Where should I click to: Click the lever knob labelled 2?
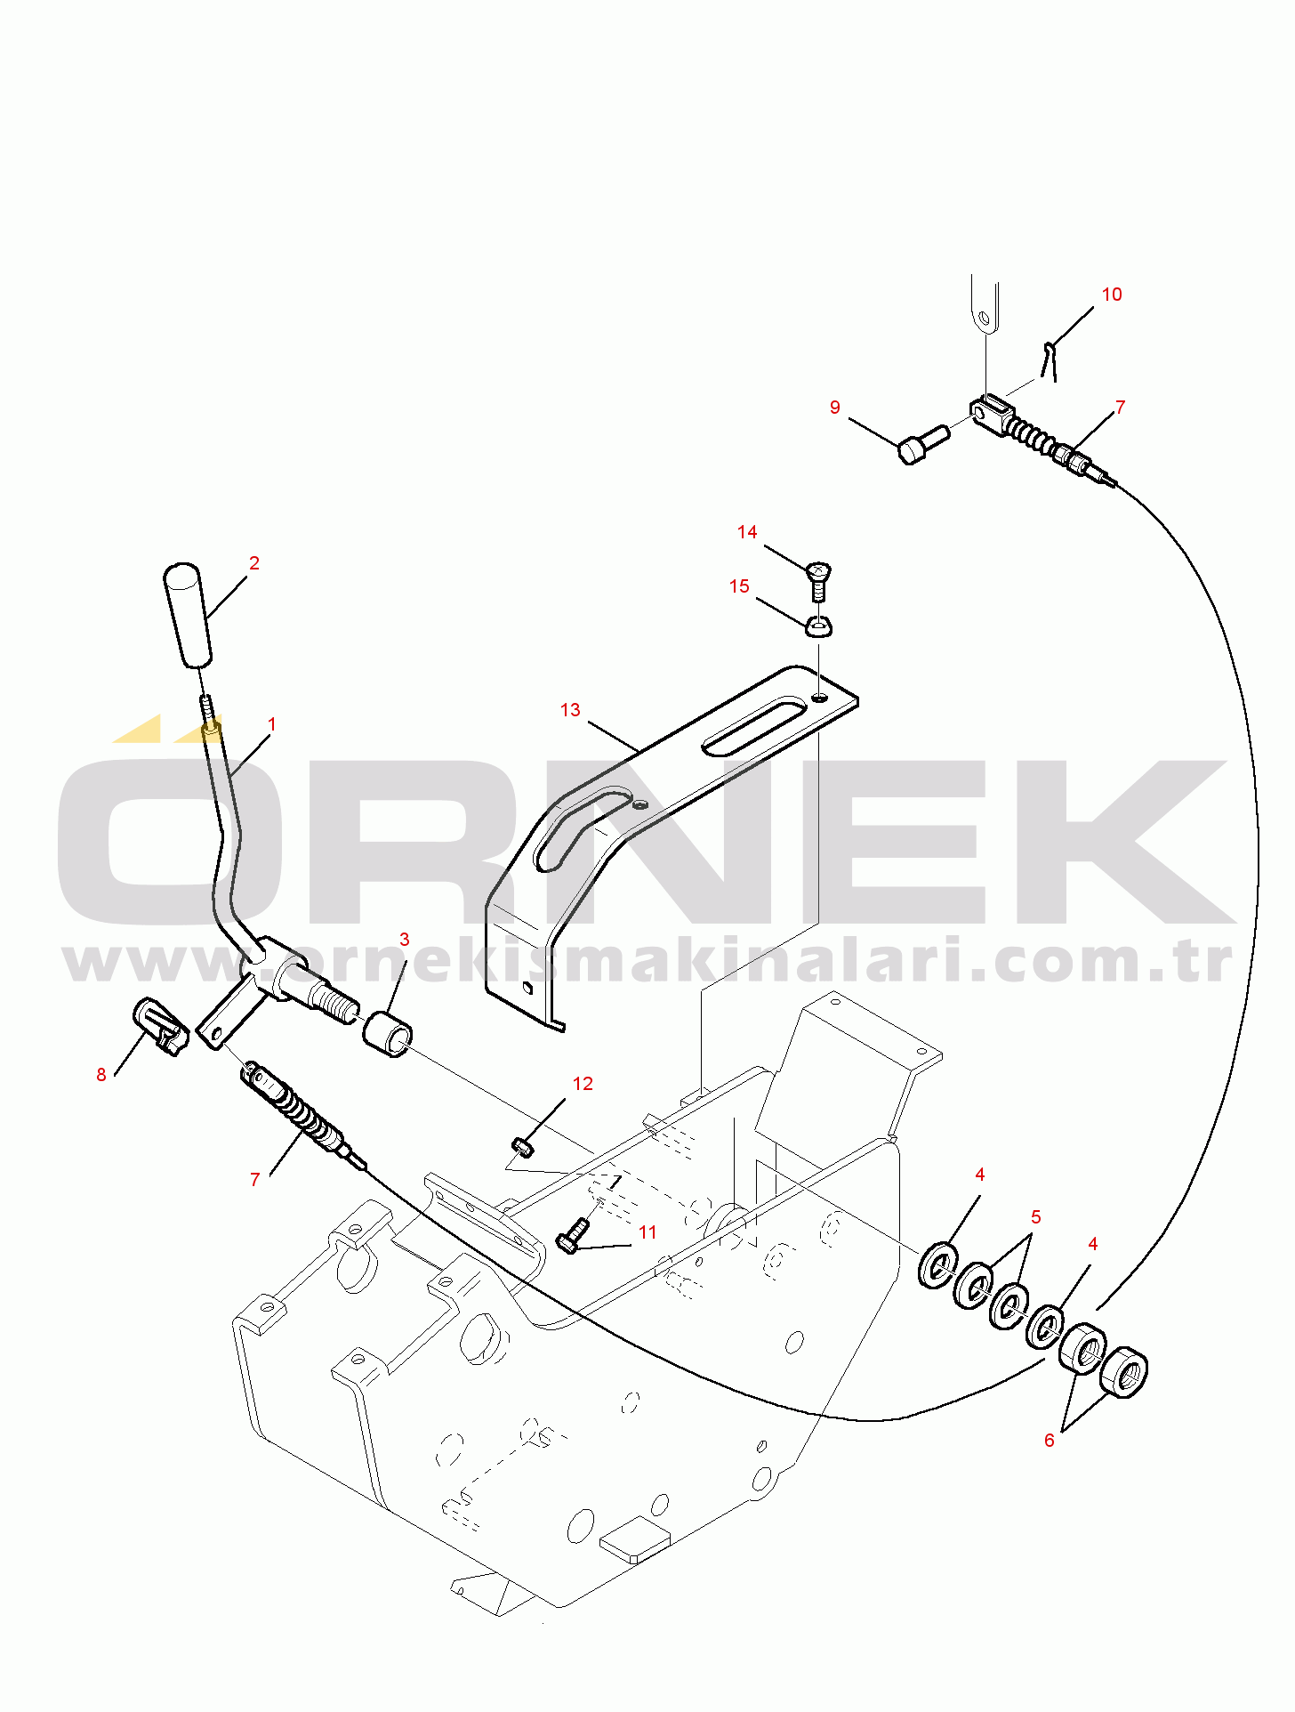[187, 615]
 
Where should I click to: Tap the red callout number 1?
[272, 724]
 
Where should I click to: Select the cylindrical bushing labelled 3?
[388, 1034]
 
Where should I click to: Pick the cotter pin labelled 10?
[1050, 360]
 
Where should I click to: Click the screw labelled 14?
[819, 580]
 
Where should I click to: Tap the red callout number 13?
[570, 709]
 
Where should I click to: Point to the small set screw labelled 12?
[523, 1147]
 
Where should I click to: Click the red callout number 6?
[1050, 1440]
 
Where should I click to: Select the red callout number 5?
[1036, 1216]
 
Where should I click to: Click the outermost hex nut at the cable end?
[1124, 1371]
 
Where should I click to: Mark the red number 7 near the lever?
[255, 1179]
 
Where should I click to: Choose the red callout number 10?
[1112, 295]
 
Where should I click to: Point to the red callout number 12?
[583, 1084]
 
